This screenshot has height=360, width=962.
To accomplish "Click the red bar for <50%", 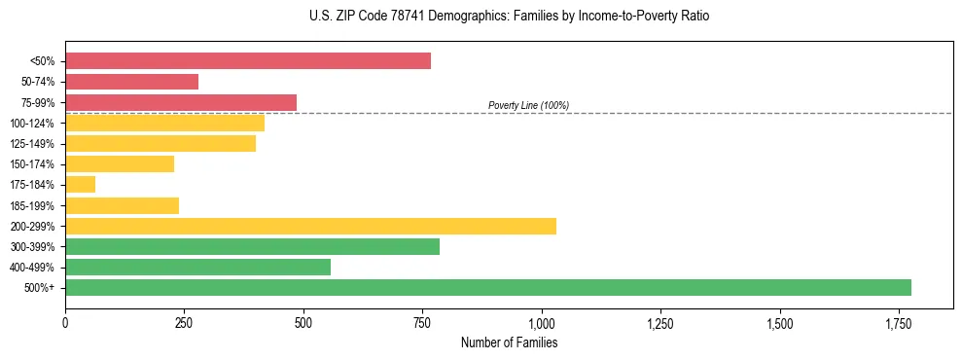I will tap(248, 61).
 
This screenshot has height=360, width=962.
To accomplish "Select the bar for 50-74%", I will tap(131, 82).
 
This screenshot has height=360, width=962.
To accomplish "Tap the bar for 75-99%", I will tap(181, 102).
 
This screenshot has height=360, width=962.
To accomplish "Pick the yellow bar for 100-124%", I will tap(164, 123).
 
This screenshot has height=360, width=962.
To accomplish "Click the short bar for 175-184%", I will tap(80, 184).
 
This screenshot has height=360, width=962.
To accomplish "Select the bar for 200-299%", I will tap(310, 226).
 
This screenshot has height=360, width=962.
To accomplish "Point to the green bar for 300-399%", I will tap(252, 246).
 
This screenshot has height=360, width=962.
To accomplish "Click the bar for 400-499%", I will tap(197, 267).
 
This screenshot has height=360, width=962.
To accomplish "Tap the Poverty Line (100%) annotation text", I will tap(528, 105).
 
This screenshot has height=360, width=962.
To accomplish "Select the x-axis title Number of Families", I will tap(509, 342).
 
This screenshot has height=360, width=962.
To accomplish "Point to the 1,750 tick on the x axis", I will tap(898, 323).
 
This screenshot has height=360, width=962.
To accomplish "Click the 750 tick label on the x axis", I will tap(422, 323).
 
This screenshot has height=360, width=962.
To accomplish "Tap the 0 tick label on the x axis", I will tap(65, 323).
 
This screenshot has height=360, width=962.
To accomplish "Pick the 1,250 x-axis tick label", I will tap(659, 323).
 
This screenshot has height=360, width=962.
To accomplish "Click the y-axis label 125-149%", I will tap(32, 144).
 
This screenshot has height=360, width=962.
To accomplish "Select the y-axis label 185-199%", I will tap(32, 205).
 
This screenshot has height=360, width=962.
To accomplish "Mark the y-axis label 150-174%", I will tap(32, 164).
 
